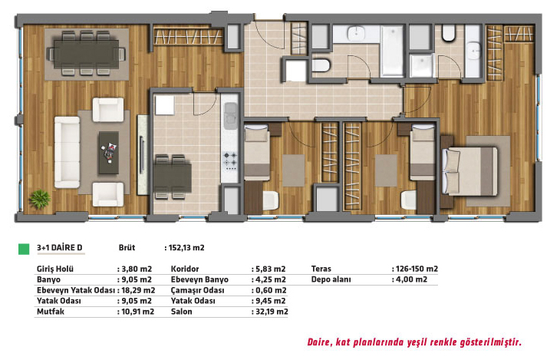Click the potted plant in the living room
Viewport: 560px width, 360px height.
40,199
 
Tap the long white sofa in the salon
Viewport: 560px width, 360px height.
68,152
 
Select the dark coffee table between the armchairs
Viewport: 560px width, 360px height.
109,153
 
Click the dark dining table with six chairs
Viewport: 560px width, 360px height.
87,54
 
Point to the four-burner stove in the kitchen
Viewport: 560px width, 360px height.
230,161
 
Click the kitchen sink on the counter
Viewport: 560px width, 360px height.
230,115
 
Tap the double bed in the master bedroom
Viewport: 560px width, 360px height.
469,171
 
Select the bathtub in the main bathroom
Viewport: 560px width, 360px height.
393,51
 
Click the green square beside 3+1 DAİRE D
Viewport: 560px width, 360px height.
24,249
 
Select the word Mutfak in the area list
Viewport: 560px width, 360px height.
51,312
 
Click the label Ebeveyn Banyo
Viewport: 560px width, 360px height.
199,279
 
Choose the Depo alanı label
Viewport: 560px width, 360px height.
331,279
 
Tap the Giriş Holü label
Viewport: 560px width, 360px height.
55,269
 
